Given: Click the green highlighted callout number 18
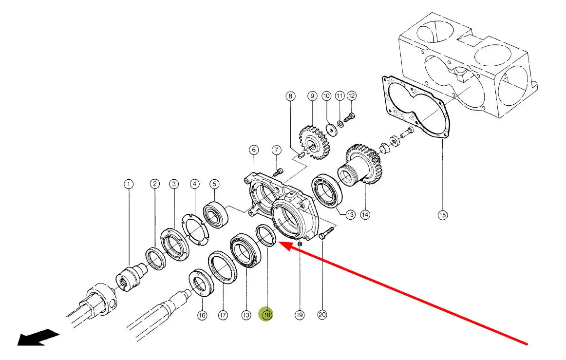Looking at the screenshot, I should [x=267, y=315].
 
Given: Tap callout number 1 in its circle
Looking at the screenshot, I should [x=128, y=184].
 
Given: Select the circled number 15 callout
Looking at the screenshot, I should [x=442, y=215].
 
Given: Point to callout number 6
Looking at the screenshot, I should [x=254, y=150].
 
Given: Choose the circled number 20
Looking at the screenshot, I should [x=322, y=315].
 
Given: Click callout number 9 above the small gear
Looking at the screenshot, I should [x=312, y=96].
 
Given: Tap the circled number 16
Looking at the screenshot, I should [x=202, y=315].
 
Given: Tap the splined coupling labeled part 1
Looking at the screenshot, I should [x=129, y=278].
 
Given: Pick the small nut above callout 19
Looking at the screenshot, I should [x=300, y=243].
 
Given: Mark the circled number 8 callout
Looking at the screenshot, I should [x=290, y=96].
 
